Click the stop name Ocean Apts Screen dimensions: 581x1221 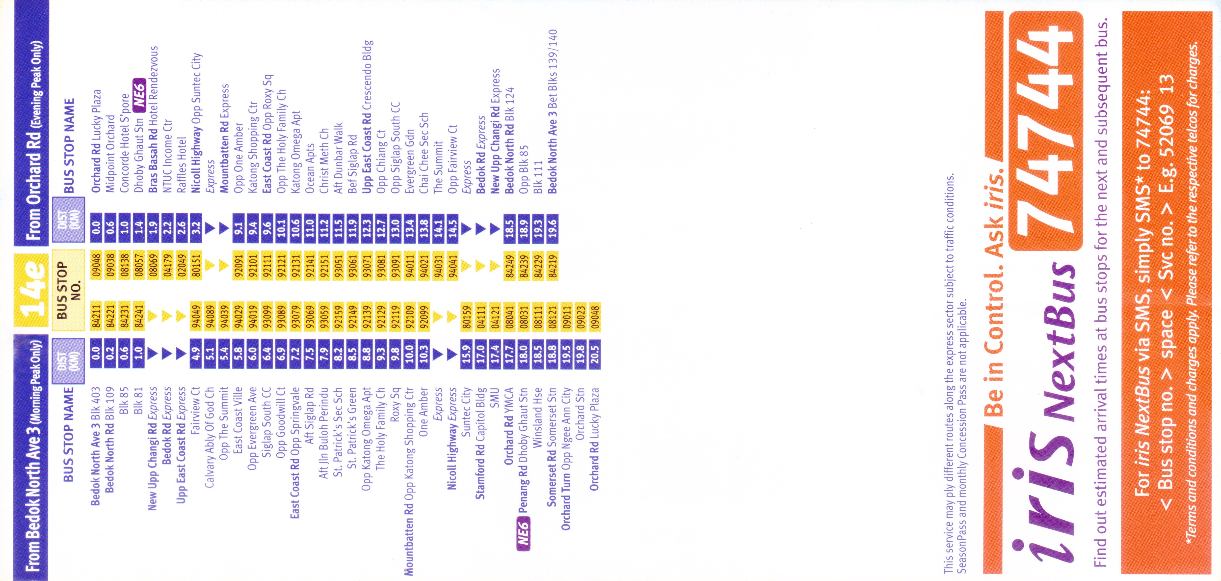click(x=310, y=168)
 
